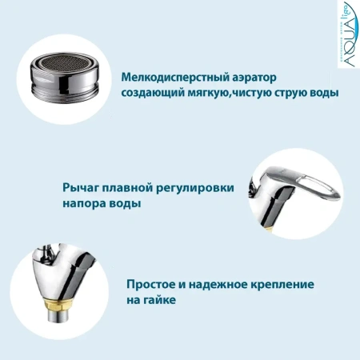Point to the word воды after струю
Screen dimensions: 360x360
(321, 94)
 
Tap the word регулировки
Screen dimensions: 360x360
(198, 189)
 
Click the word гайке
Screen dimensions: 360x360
(161, 301)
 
